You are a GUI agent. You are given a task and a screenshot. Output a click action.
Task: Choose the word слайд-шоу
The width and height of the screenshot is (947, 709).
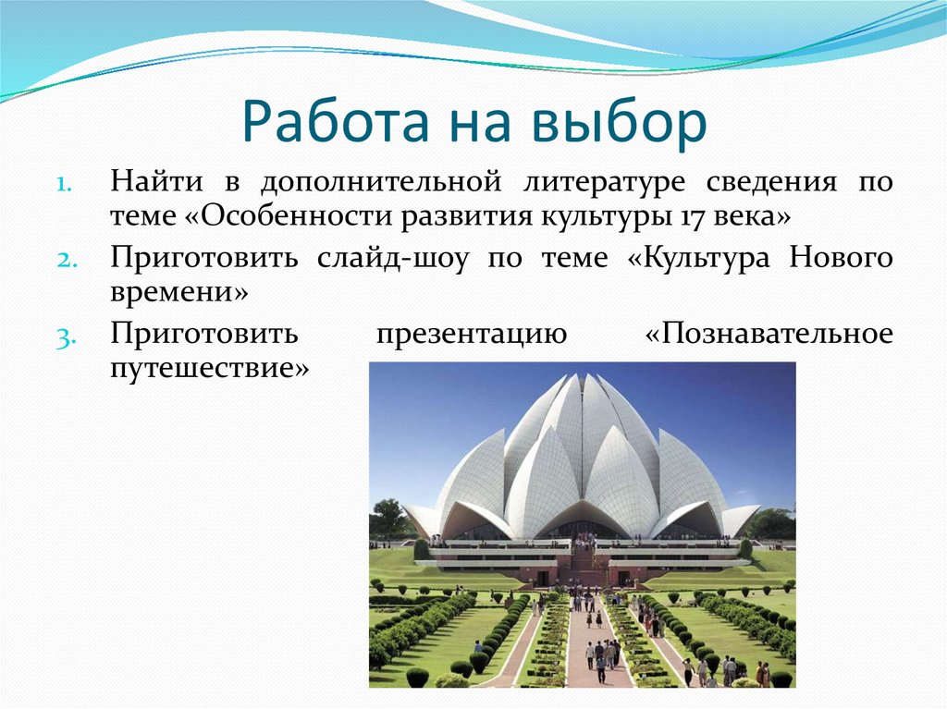(388, 258)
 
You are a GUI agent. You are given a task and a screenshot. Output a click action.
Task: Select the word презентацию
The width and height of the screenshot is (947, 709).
(471, 335)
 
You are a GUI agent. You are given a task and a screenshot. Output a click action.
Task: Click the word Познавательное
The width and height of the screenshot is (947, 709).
(769, 335)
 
